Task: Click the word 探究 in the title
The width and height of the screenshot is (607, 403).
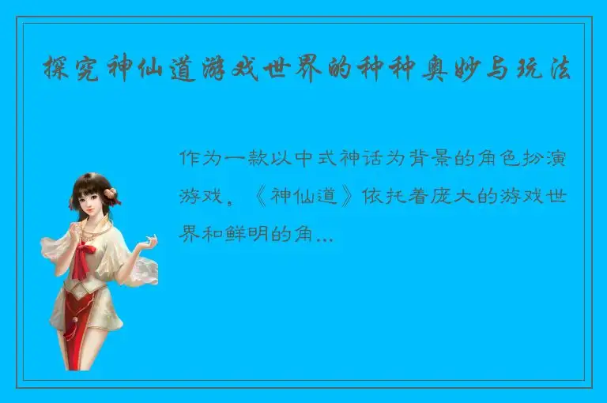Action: [x=66, y=70]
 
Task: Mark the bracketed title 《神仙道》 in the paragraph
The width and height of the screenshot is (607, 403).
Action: [x=307, y=197]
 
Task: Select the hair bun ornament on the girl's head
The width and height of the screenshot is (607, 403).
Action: [x=112, y=193]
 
